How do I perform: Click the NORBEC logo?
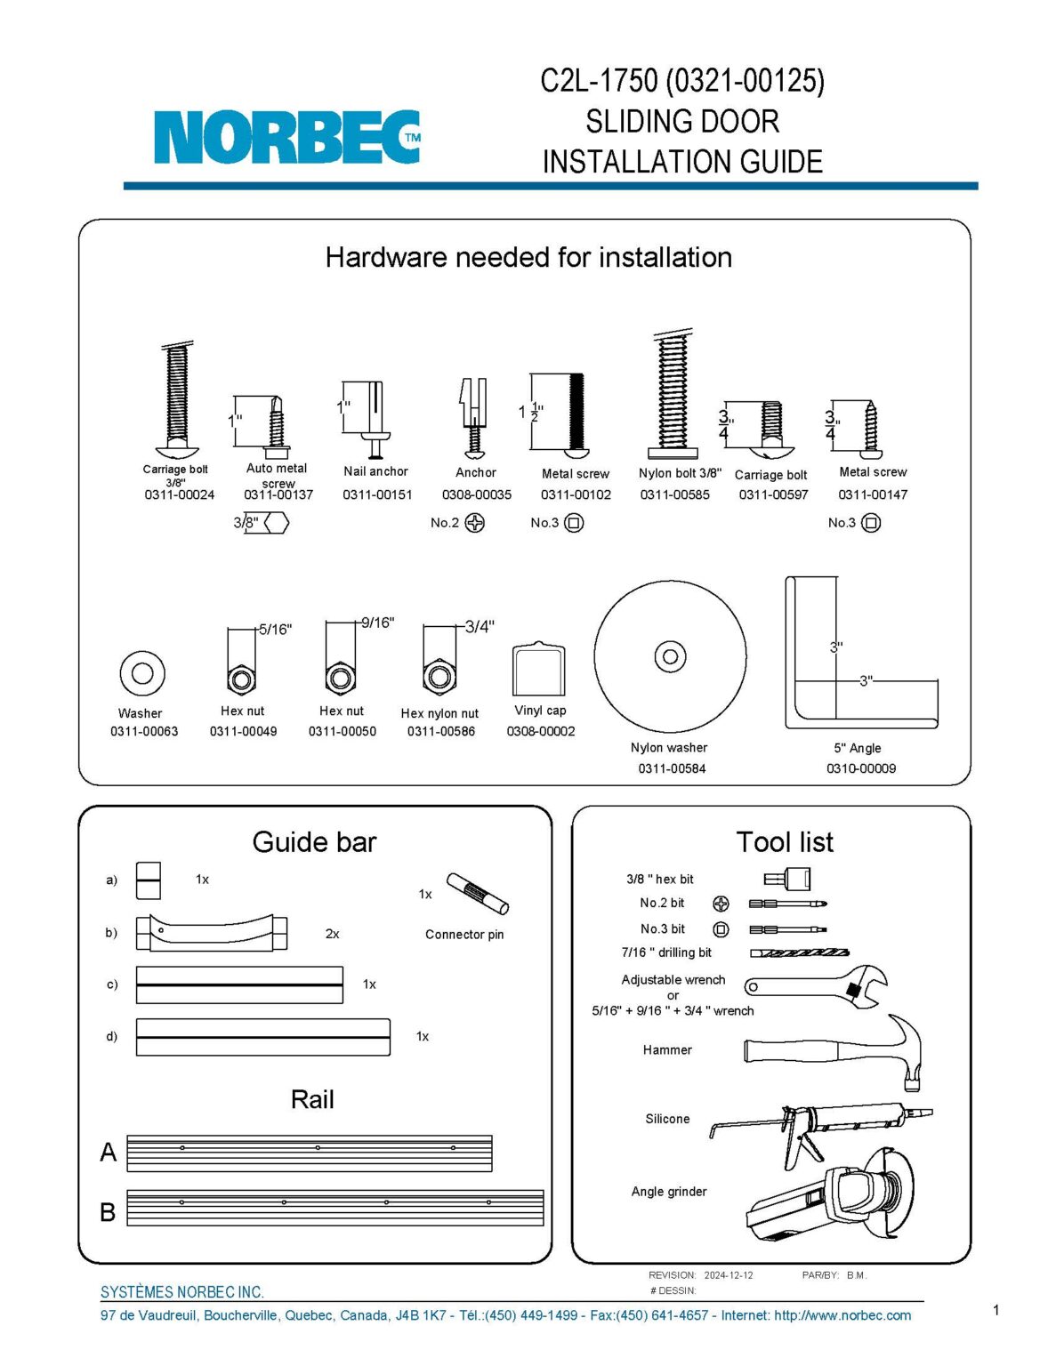286,137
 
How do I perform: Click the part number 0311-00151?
377,494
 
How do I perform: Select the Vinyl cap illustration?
539,669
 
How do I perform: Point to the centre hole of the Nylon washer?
670,657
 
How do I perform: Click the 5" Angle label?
857,748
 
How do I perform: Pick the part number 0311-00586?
441,731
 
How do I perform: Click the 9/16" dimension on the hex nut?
378,623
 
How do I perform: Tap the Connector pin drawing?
477,893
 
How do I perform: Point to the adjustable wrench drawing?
817,985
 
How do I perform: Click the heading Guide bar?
314,841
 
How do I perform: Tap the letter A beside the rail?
109,1152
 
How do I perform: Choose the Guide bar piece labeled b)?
211,933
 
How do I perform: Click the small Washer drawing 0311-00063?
142,672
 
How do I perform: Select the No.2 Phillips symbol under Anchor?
475,523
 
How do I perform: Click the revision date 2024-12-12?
728,1275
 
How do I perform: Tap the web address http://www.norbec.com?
842,1315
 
